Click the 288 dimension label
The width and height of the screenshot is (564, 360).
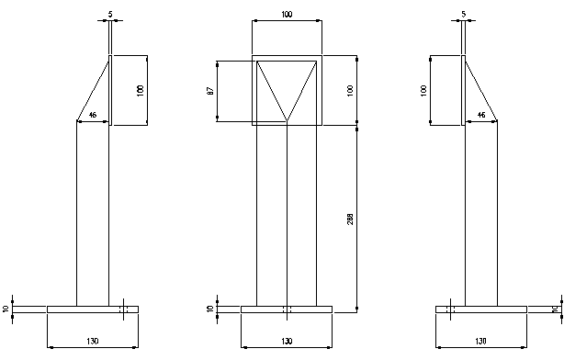pyautogui.click(x=350, y=219)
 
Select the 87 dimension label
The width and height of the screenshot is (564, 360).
pyautogui.click(x=210, y=91)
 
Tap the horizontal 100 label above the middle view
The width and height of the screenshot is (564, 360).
pyautogui.click(x=287, y=15)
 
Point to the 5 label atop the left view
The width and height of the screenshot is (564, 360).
pyautogui.click(x=110, y=15)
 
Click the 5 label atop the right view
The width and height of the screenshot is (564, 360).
pyautogui.click(x=463, y=15)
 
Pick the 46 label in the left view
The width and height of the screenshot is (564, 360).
pyautogui.click(x=93, y=115)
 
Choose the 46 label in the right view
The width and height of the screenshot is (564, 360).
pyautogui.click(x=481, y=115)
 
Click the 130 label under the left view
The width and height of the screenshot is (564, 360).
pyautogui.click(x=93, y=341)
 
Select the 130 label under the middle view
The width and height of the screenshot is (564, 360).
pyautogui.click(x=287, y=341)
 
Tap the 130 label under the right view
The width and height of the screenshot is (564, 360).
pyautogui.click(x=480, y=341)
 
